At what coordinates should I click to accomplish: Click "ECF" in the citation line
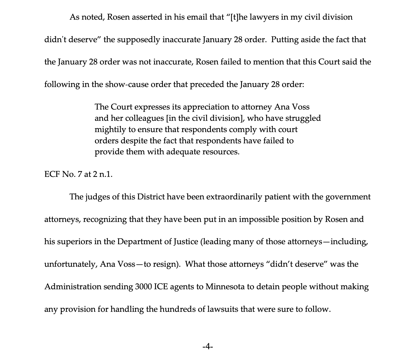(x=52, y=174)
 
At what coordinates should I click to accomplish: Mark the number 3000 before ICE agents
(x=143, y=287)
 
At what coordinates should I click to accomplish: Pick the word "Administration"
(x=73, y=287)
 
